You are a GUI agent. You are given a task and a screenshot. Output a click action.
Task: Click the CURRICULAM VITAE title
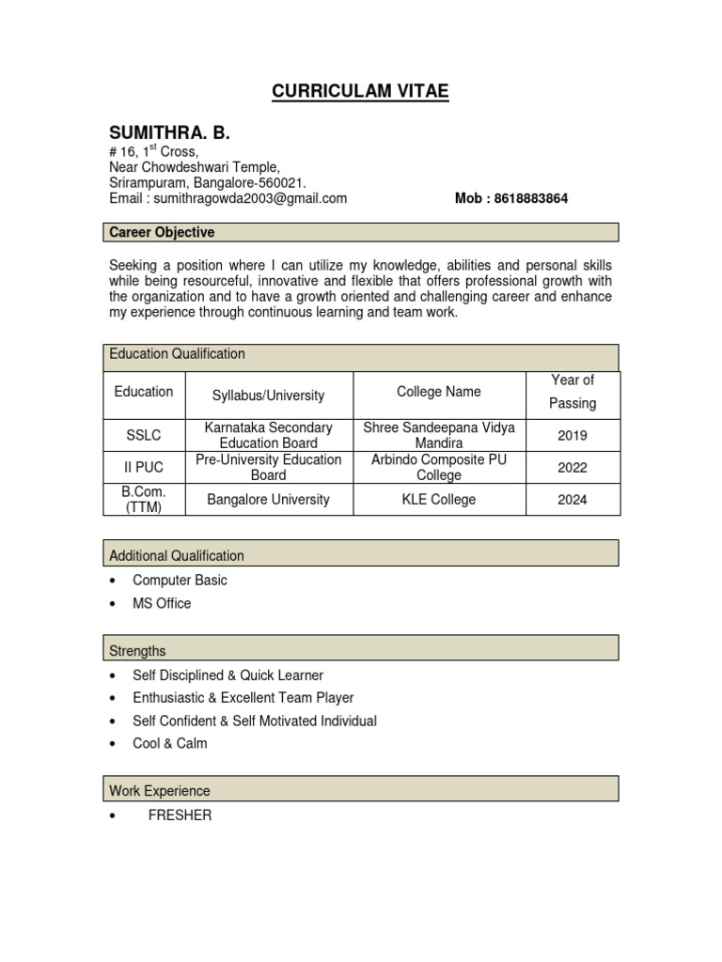point(360,91)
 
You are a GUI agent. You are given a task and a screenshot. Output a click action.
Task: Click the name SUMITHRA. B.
point(169,132)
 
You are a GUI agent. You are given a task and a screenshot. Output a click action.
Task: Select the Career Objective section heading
point(162,232)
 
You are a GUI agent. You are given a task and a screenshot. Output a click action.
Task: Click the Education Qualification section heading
point(177,354)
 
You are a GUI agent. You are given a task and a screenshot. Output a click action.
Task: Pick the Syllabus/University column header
point(268,396)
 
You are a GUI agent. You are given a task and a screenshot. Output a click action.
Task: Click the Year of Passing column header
point(573,392)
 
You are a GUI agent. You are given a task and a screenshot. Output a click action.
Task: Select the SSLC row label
point(144,435)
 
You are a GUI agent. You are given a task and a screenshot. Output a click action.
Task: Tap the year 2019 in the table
point(573,435)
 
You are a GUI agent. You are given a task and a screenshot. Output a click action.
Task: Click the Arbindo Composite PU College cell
point(439,467)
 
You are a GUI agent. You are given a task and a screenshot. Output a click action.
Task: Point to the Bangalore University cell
point(268,500)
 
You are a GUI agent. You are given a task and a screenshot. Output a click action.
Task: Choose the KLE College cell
point(439,500)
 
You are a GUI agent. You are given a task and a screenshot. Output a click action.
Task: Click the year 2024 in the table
point(573,500)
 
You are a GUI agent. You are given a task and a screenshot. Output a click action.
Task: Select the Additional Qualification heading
point(177,556)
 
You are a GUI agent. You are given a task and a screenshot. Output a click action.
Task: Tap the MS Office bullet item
point(162,603)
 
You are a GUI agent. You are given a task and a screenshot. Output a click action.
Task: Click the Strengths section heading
point(137,651)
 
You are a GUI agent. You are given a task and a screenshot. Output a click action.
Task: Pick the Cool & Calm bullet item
point(170,743)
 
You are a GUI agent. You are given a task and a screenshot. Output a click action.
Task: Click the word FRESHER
point(180,815)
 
